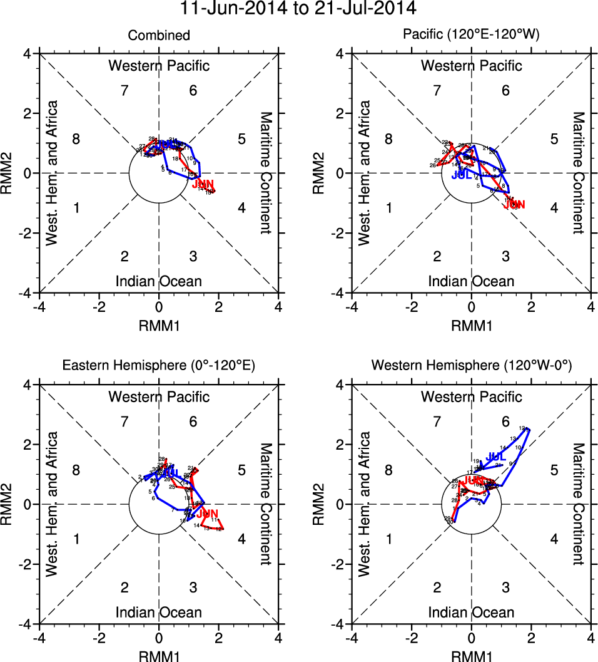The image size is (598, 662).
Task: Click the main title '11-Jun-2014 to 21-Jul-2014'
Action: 298,9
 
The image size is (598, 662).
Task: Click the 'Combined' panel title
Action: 159,36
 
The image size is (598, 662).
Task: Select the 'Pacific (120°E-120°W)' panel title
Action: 471,36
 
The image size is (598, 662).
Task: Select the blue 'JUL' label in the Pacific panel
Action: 462,175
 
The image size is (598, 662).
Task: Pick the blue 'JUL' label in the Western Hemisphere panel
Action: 495,457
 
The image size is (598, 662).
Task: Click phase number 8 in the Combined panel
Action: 76,139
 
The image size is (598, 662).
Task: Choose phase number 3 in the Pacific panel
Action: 505,256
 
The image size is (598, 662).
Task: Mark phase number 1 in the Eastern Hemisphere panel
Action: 76,539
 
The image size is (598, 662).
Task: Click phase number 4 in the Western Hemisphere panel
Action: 554,539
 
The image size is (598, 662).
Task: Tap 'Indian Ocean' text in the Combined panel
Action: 159,281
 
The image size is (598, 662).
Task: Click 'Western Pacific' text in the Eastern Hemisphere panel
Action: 159,396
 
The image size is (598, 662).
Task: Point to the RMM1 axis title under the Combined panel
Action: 159,324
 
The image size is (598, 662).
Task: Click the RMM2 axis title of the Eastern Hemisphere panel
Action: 12,504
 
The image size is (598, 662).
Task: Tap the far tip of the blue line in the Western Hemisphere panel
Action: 529,428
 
